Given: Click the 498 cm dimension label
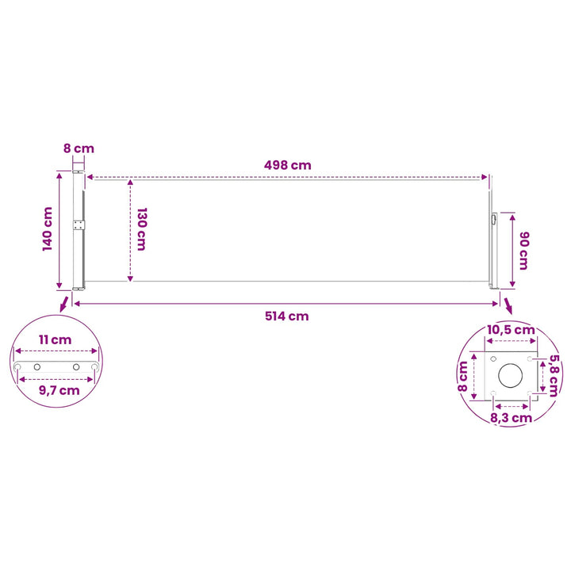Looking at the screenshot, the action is point(288,165).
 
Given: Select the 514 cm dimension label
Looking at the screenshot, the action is point(287,316).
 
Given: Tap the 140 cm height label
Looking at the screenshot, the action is point(48,229).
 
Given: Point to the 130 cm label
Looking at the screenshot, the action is point(142,229).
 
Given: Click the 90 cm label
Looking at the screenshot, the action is point(523,251).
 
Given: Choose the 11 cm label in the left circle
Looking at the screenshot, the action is point(56,339).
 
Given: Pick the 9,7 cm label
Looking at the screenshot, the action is point(59,391).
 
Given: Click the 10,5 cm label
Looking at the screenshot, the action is point(511,330).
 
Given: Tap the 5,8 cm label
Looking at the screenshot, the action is point(554,375).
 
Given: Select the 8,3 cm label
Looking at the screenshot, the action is point(512,418).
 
